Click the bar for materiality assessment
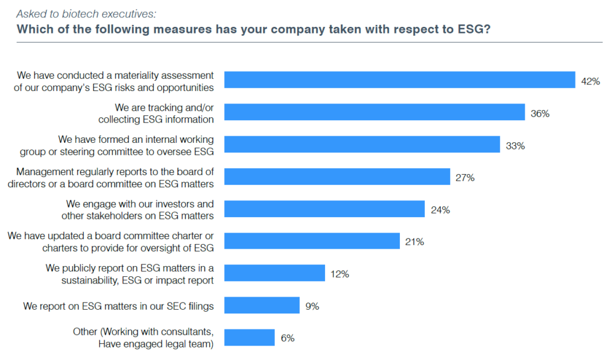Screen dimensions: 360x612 point(399,80)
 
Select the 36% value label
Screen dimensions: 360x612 point(540,113)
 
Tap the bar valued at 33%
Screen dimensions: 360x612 point(362,145)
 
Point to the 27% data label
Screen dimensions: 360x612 point(465,177)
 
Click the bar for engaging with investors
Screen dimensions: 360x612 point(324,209)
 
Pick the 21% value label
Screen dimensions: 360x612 point(414,242)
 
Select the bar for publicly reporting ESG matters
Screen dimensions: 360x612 point(274,274)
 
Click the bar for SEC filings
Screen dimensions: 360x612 point(262,306)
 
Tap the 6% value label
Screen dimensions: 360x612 point(287,338)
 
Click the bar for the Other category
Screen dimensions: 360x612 point(249,338)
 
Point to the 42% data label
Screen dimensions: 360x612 point(590,81)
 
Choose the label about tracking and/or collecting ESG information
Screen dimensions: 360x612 point(156,113)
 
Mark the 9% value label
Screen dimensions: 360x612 point(312,306)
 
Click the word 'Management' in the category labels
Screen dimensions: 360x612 point(44,172)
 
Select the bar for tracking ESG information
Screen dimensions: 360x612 point(374,112)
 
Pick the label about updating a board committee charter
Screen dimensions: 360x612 point(111,242)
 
